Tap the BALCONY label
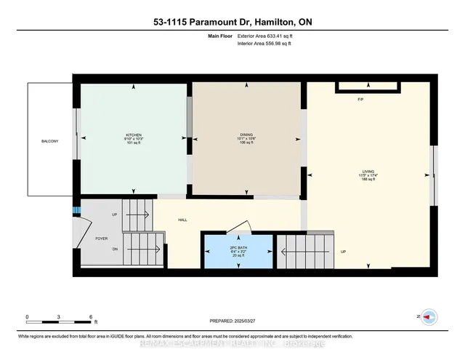(x=49, y=140)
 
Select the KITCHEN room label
(x=134, y=135)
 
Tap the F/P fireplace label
(x=359, y=98)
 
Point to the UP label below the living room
(x=343, y=251)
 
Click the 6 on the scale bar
(x=91, y=316)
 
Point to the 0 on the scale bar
(x=27, y=316)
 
